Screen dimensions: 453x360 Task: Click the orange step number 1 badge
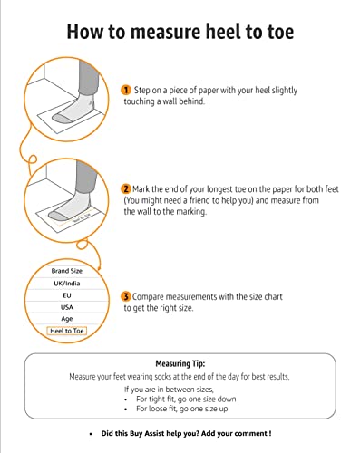coord(126,91)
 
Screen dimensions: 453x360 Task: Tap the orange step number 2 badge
coord(126,188)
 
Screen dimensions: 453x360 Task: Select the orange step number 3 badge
coord(126,296)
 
